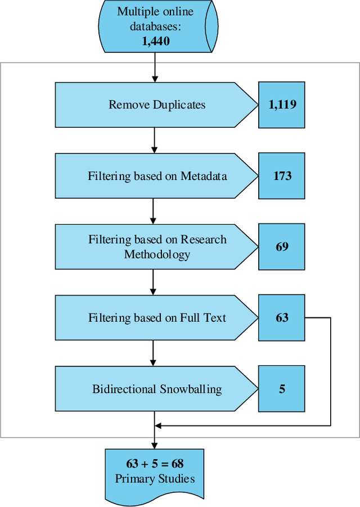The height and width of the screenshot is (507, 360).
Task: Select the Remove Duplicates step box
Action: point(152,105)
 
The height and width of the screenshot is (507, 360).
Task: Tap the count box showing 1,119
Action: point(282,104)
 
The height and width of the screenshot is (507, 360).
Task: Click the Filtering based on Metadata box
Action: point(152,176)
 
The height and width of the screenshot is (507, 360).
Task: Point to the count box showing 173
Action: point(282,176)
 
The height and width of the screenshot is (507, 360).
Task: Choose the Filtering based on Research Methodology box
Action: point(152,246)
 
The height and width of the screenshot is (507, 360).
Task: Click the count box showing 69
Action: point(282,246)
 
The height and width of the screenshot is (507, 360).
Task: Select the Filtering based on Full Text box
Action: point(152,318)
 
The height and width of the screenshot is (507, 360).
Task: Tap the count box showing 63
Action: point(282,318)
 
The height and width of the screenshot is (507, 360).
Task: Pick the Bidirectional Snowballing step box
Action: point(152,389)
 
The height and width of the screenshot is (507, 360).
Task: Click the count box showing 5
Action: point(282,389)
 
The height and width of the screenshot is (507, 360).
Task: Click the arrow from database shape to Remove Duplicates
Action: point(154,69)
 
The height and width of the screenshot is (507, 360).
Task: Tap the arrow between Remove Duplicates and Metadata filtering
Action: point(154,140)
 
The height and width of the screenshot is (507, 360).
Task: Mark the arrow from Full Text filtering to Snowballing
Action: point(154,353)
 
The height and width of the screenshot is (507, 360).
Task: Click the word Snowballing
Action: point(190,389)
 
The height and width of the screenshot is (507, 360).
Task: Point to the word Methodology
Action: point(157,254)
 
